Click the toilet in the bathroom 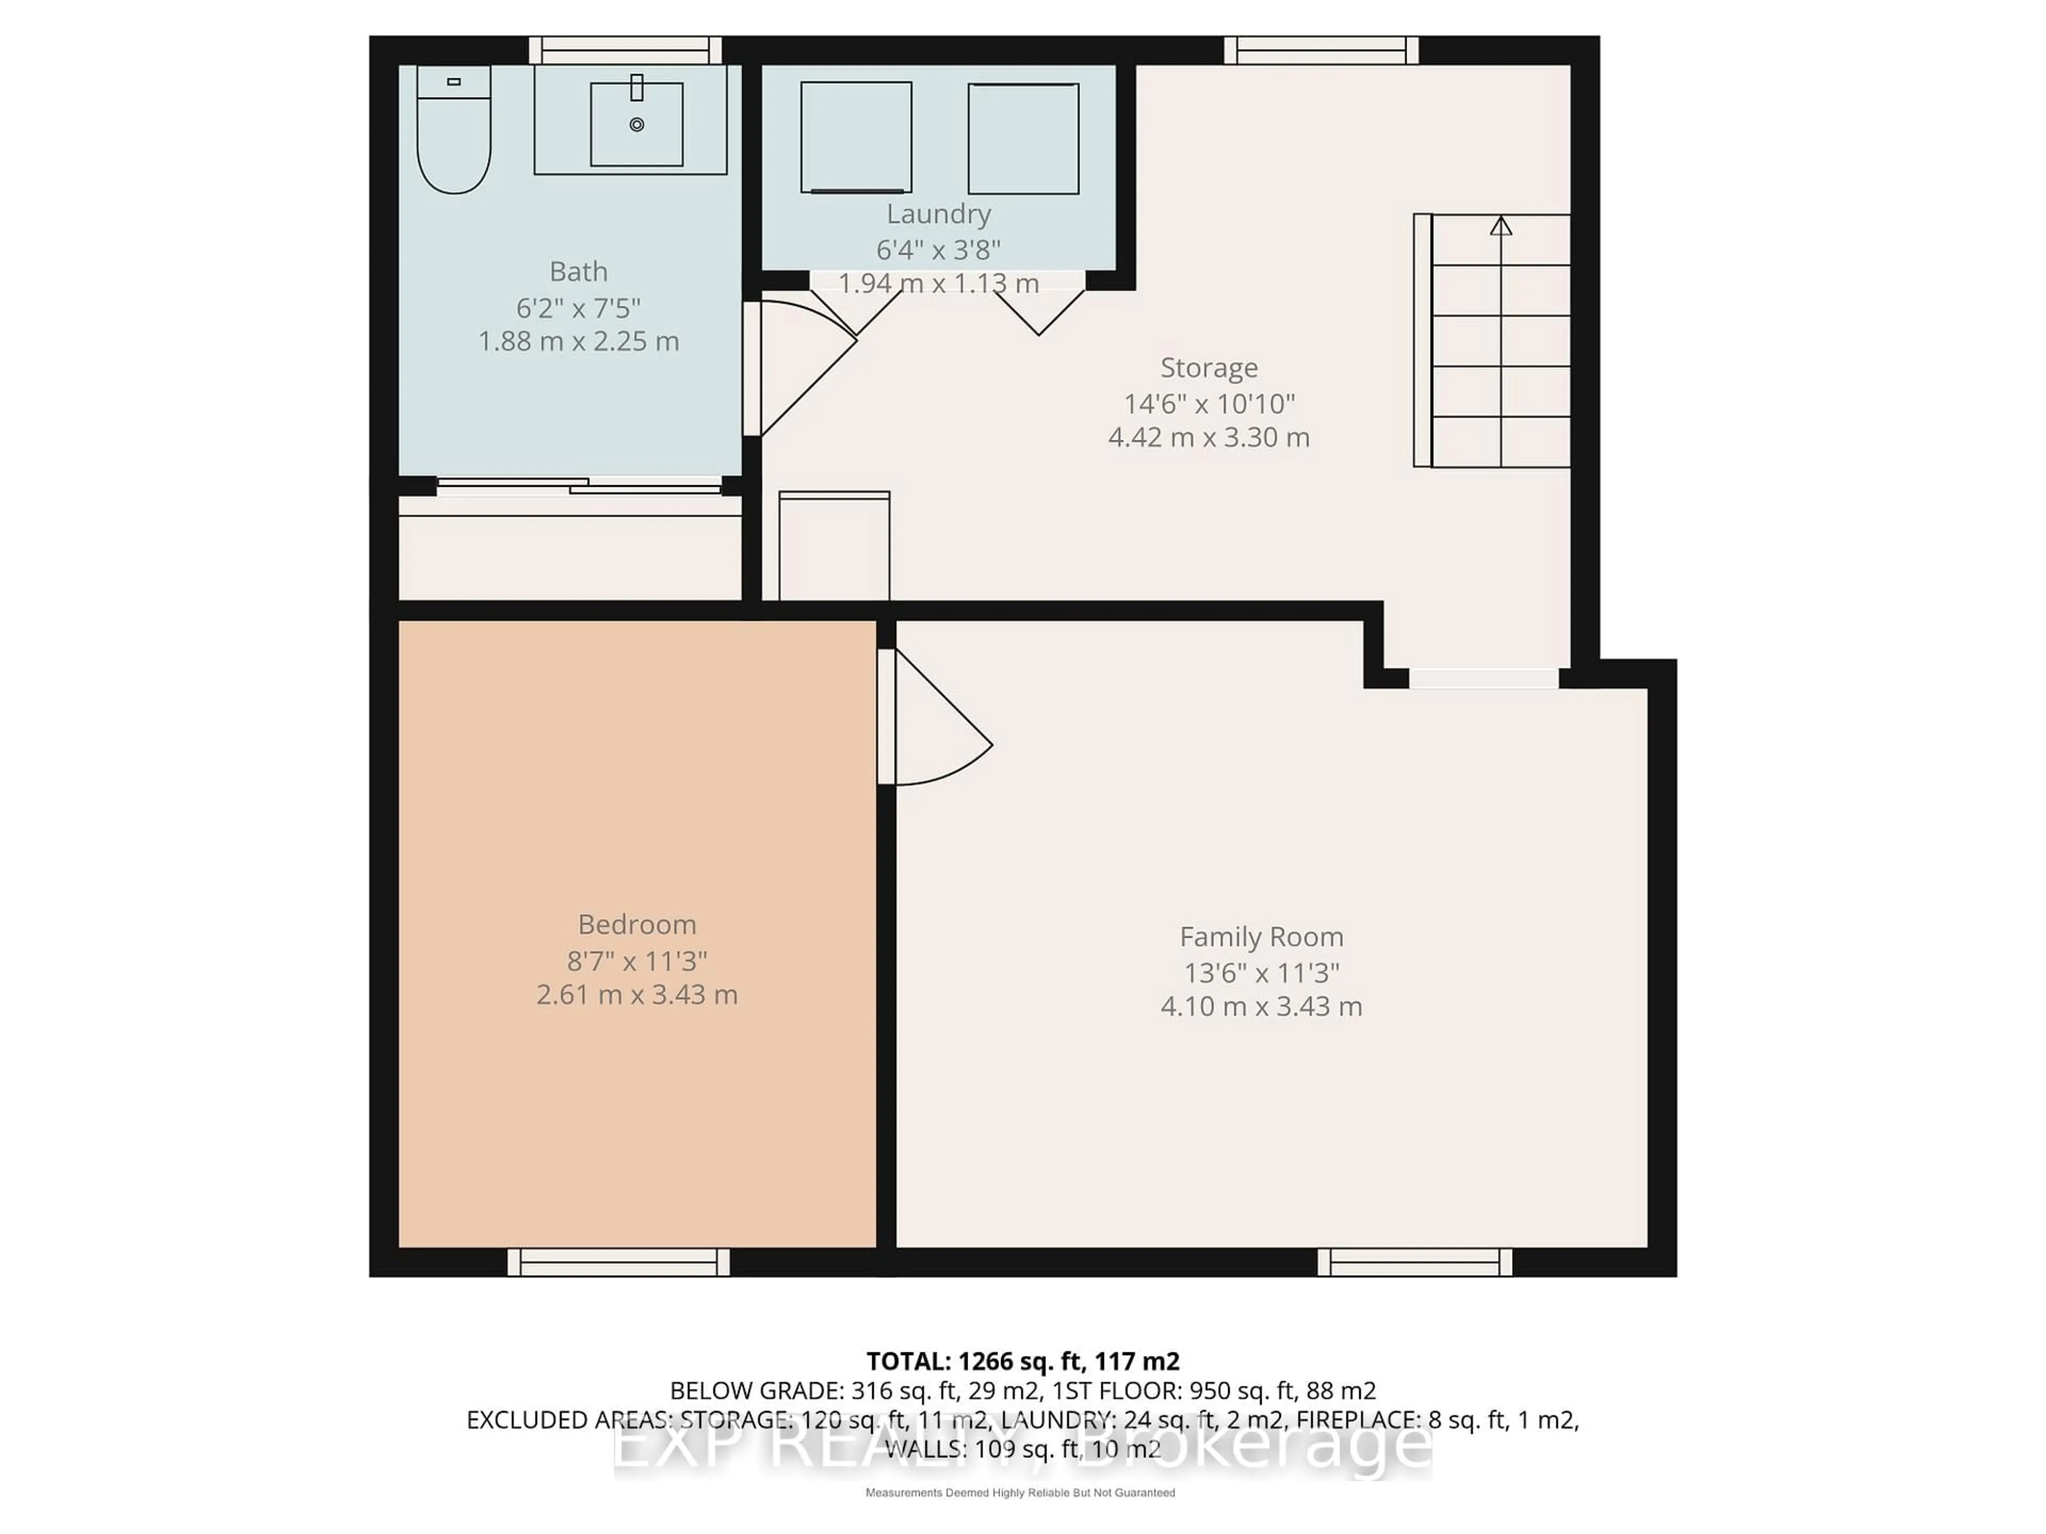pos(453,134)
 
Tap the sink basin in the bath pos(636,125)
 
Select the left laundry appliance pos(856,137)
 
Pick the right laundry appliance pos(1023,138)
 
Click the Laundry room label pos(938,214)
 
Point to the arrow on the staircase pos(1500,226)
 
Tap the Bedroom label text pos(636,924)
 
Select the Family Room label pos(1261,937)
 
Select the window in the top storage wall pos(1321,50)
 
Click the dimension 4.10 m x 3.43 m pos(1261,1006)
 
